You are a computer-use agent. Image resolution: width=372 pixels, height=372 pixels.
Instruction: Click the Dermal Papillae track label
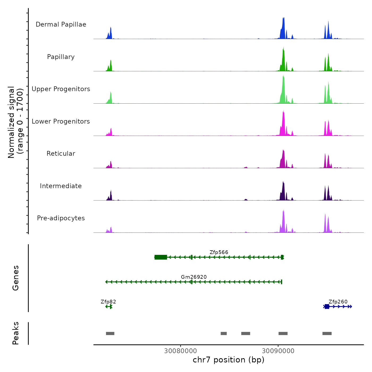pyautogui.click(x=61, y=24)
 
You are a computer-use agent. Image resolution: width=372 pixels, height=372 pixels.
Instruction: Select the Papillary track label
pyautogui.click(x=61, y=57)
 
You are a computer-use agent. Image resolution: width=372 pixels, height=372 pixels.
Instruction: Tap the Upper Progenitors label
pyautogui.click(x=61, y=89)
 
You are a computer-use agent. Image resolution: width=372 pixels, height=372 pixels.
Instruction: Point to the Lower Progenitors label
pyautogui.click(x=61, y=121)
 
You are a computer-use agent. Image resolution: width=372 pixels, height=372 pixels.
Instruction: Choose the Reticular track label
pyautogui.click(x=61, y=154)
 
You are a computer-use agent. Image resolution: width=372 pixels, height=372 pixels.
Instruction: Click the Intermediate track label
pyautogui.click(x=61, y=186)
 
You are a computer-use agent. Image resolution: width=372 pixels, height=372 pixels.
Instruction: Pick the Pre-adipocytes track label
pyautogui.click(x=61, y=218)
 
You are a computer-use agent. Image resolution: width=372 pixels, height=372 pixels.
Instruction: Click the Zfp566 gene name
pyautogui.click(x=219, y=252)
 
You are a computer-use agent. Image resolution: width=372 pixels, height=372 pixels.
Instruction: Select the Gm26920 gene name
pyautogui.click(x=194, y=277)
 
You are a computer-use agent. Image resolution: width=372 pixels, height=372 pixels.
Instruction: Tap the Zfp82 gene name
pyautogui.click(x=108, y=302)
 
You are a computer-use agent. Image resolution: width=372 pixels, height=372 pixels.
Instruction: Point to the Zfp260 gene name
pyautogui.click(x=338, y=302)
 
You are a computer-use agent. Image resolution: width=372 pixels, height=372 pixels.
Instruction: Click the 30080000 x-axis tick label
pyautogui.click(x=180, y=351)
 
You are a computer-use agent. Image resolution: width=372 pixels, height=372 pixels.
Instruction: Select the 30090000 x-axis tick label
pyautogui.click(x=278, y=351)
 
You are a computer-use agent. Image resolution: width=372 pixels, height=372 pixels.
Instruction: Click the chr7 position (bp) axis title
pyautogui.click(x=229, y=360)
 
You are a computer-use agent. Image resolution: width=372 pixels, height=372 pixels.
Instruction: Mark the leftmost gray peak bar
pyautogui.click(x=110, y=333)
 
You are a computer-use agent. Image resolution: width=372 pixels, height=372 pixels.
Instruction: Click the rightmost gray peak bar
pyautogui.click(x=327, y=333)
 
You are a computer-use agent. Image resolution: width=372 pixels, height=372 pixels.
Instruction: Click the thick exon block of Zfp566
pyautogui.click(x=161, y=257)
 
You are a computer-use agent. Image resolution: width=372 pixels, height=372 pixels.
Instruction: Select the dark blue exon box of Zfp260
pyautogui.click(x=327, y=307)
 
